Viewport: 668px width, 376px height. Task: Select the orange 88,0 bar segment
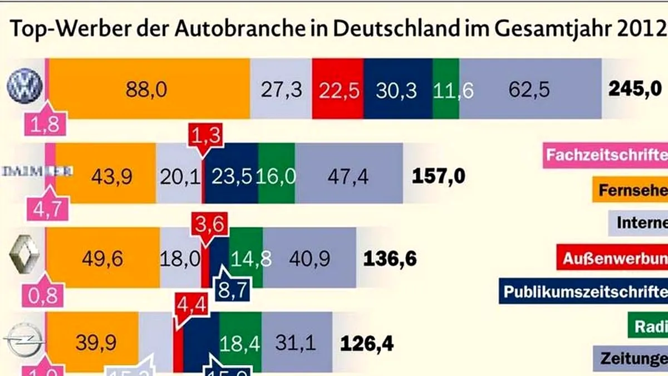coord(147,89)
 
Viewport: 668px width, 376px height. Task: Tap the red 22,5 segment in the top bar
coord(338,89)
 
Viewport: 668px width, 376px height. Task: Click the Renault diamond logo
coord(24,258)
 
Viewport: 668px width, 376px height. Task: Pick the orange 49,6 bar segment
coord(102,258)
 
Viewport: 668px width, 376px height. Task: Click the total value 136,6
coord(390,258)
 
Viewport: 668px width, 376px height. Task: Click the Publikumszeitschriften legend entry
coord(584,291)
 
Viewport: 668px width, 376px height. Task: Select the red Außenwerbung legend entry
coord(612,258)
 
